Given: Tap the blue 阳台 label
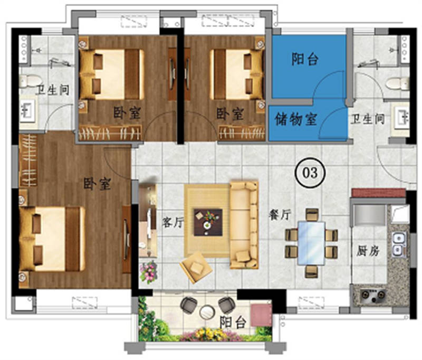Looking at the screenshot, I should tap(305, 59).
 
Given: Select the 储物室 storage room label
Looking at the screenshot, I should tap(296, 119).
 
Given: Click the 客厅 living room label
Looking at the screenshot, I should tap(171, 223).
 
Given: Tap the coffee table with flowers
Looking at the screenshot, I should tap(207, 221).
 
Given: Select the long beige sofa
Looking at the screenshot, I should tap(244, 223).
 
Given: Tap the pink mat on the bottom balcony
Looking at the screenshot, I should tap(261, 315).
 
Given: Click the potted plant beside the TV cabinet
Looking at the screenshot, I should tap(148, 272).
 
